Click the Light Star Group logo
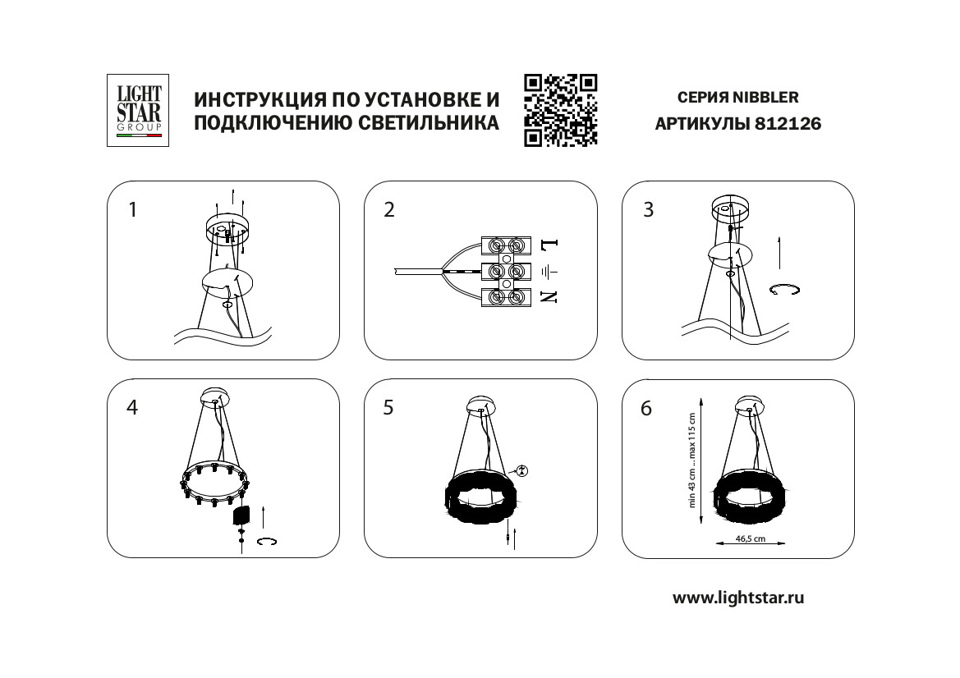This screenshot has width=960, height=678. coord(138,110)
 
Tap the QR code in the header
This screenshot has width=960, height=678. coord(560,110)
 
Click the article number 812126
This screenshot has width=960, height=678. coord(788,124)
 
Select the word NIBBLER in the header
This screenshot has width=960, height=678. coord(766,98)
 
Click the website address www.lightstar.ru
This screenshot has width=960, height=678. coord(738,598)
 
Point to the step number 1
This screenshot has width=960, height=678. coord(132,210)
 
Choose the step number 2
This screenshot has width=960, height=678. coord(389,210)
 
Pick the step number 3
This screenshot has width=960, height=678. coord(649,210)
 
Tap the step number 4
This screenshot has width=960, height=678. coord(132,407)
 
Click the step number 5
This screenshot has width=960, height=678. coord(388,407)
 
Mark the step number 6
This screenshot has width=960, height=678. coord(646,408)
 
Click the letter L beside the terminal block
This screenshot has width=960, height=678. coord(549,245)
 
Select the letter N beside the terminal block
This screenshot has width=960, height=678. coord(549,297)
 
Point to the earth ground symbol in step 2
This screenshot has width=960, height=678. coord(549,271)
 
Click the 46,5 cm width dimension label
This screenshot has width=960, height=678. coord(751,538)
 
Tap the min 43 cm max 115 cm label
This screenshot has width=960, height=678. coord(692,460)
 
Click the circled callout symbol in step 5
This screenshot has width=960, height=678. coord(521,470)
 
